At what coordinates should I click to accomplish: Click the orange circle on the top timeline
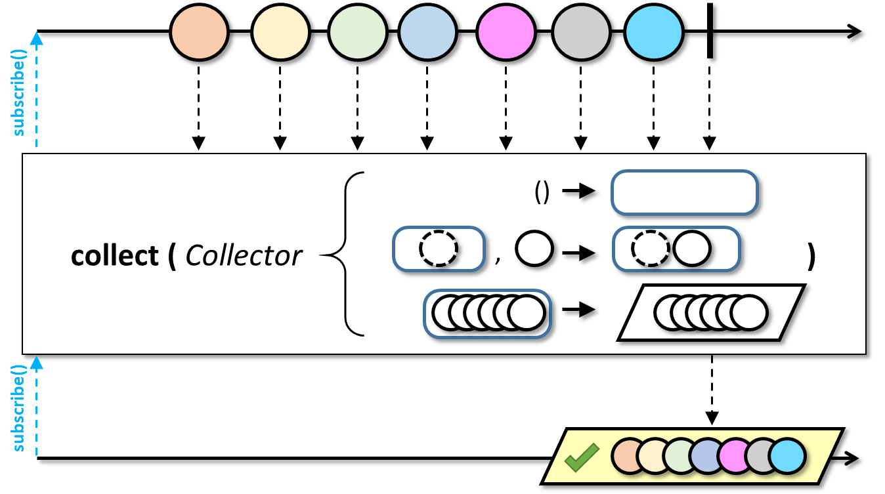click(199, 31)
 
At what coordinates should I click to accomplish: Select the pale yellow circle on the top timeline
click(280, 31)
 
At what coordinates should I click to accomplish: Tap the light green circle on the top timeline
click(357, 31)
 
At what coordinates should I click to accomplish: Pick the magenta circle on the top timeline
click(506, 31)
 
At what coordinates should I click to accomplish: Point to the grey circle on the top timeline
click(581, 31)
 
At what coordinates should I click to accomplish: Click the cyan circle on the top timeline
click(653, 31)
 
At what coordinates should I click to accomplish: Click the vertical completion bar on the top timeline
click(710, 31)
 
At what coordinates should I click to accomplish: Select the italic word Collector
click(244, 256)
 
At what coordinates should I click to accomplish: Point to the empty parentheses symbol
click(542, 192)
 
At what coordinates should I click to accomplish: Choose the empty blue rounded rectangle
click(684, 192)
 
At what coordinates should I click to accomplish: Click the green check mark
click(582, 457)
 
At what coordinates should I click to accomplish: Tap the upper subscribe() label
click(18, 93)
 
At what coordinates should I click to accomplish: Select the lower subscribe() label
click(18, 408)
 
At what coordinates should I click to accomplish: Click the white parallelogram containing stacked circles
click(711, 312)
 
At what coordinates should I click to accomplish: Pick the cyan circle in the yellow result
click(787, 456)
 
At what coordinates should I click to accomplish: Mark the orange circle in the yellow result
click(629, 456)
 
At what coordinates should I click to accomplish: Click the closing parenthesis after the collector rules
click(811, 257)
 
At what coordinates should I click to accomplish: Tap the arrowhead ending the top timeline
click(855, 31)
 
